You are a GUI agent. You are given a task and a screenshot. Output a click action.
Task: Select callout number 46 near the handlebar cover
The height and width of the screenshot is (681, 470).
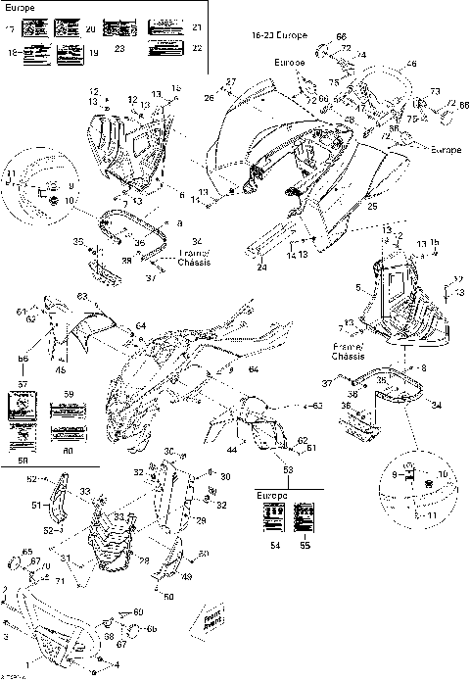click(x=411, y=64)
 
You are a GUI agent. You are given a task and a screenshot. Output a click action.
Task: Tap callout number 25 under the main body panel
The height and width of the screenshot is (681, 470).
click(x=372, y=207)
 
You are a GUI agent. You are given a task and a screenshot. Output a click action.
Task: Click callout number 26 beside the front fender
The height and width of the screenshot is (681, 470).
click(x=209, y=97)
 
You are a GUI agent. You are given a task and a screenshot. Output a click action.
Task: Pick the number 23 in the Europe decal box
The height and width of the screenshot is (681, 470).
click(x=119, y=46)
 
